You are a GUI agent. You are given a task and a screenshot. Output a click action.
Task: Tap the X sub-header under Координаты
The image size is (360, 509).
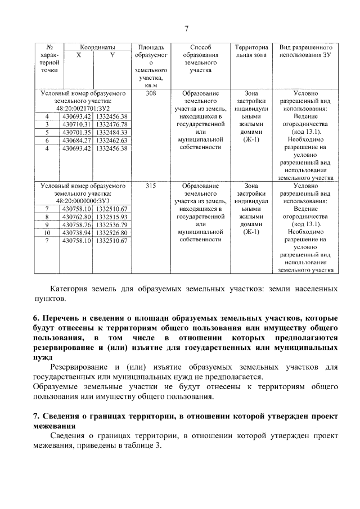(78, 55)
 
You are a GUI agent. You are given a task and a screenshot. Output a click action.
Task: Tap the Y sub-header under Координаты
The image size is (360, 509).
(112, 55)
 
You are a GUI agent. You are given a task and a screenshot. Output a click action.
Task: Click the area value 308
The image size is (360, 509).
(150, 93)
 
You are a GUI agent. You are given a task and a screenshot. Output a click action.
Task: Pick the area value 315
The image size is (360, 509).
(150, 185)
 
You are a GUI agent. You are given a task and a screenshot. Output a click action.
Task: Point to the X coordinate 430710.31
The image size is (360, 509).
(76, 124)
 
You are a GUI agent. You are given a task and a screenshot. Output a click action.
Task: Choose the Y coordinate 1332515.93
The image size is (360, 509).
(112, 217)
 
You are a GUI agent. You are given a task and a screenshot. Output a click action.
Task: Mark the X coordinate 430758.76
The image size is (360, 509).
(76, 224)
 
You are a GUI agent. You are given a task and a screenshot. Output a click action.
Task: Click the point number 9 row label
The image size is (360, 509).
(47, 224)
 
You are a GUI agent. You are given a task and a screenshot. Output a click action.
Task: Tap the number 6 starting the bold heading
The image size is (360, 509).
(36, 318)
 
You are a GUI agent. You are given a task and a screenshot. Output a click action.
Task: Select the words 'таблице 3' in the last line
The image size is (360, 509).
(144, 445)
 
